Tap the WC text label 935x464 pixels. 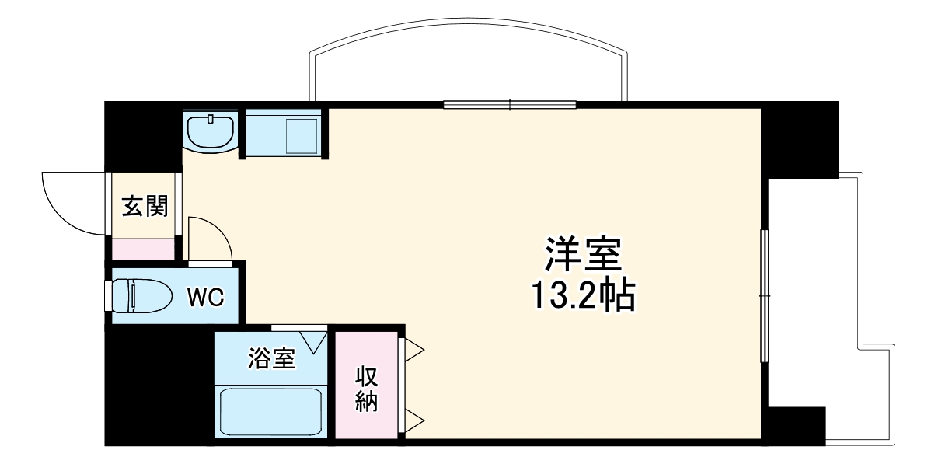(x=206, y=296)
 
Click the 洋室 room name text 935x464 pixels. (x=582, y=254)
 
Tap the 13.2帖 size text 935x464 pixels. (x=582, y=295)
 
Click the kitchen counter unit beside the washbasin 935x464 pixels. (x=284, y=134)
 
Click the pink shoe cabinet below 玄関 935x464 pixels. (x=143, y=249)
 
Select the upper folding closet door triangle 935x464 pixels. (x=412, y=349)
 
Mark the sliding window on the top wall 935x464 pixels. (x=510, y=104)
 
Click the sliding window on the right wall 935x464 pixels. (x=764, y=296)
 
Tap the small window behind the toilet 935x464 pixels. (x=108, y=295)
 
